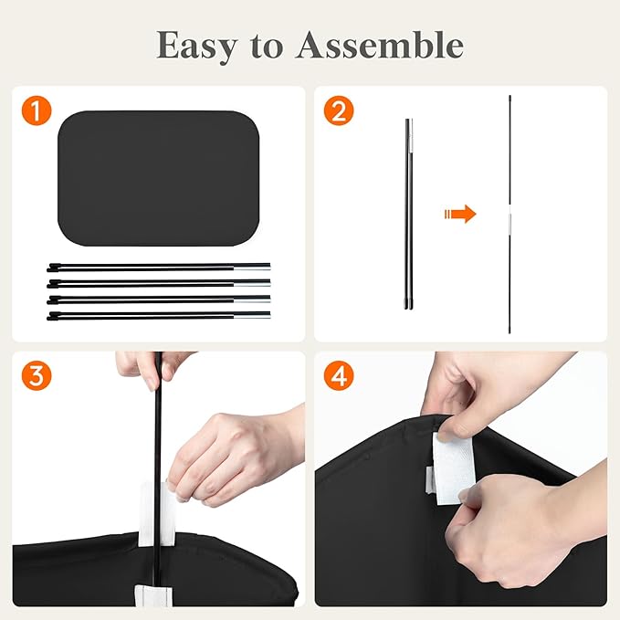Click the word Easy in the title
[x=197, y=47]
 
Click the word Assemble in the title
[x=380, y=45]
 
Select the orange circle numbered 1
[x=37, y=110]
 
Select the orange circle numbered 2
[x=339, y=110]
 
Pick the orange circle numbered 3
[x=37, y=375]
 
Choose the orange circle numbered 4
[x=339, y=375]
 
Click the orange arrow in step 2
[x=460, y=214]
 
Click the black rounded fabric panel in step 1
[x=158, y=178]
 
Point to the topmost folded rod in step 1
[x=159, y=268]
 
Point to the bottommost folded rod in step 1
[x=159, y=316]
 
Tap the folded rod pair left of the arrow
[x=409, y=214]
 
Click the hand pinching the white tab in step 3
[x=233, y=457]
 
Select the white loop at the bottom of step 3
[x=153, y=595]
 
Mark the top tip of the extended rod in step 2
[x=510, y=96]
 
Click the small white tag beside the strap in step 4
[x=430, y=480]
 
